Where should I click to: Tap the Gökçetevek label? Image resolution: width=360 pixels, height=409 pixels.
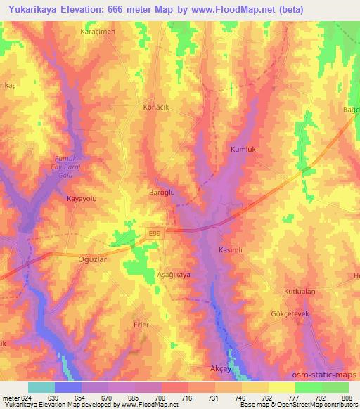(x=291, y=314)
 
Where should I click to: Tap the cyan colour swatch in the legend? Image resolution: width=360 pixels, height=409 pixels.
(x=41, y=387)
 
